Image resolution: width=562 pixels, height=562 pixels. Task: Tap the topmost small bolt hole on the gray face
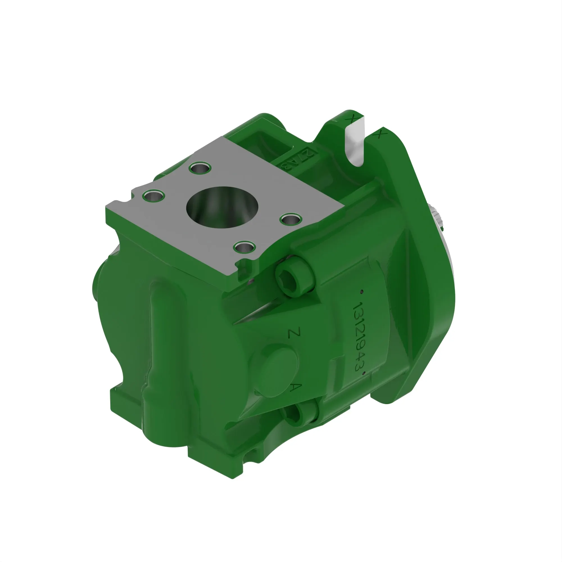[200, 168]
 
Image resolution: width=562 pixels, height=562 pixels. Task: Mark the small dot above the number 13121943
[362, 291]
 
